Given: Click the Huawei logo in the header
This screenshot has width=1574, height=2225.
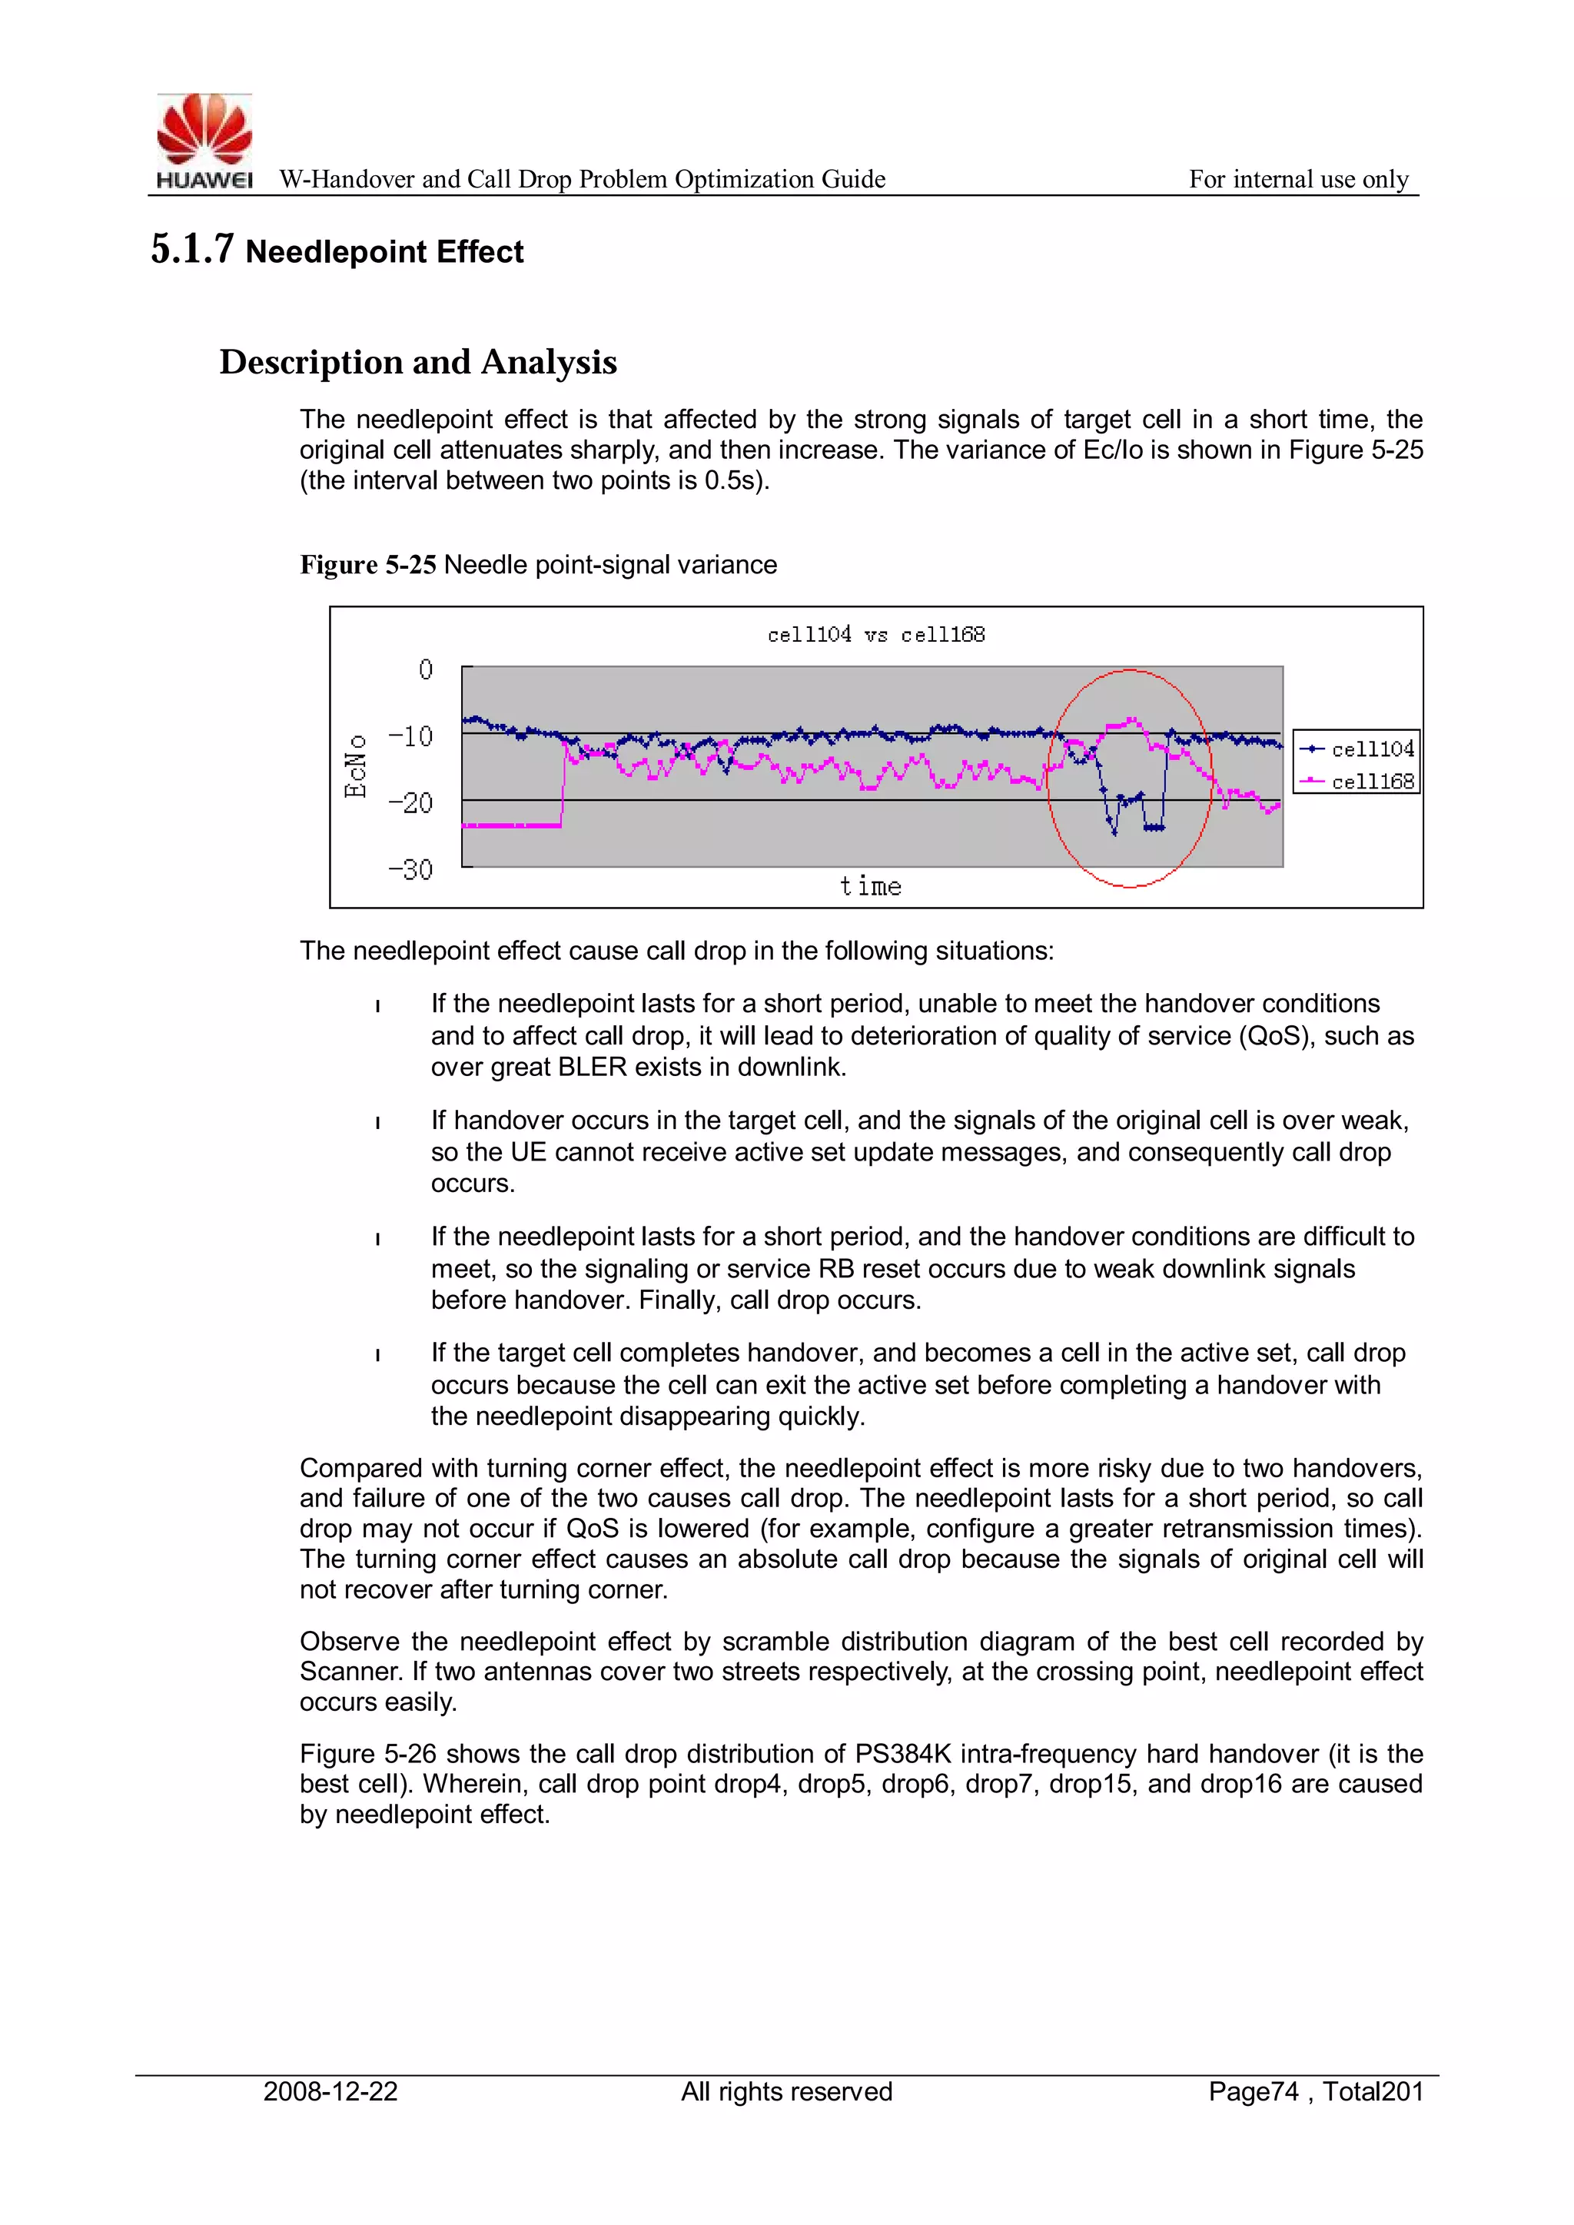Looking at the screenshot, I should (x=204, y=141).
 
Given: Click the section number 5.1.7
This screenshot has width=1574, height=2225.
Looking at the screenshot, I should (x=192, y=249).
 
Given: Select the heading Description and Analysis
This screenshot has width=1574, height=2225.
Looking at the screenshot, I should (x=418, y=363).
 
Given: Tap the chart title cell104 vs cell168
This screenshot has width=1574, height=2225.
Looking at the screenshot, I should (x=875, y=635).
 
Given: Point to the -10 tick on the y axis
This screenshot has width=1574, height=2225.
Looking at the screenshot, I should (x=411, y=736).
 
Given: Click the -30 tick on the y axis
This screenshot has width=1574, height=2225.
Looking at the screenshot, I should (x=411, y=869).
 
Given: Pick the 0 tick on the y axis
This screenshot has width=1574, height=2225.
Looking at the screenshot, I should (x=426, y=669).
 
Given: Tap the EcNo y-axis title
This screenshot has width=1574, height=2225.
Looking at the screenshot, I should (x=356, y=765).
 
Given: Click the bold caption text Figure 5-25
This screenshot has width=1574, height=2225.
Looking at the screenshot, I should (x=367, y=565).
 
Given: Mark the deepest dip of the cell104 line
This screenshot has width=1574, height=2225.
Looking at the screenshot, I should (x=1114, y=832).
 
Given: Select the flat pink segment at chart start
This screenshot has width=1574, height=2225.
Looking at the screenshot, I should (x=511, y=825).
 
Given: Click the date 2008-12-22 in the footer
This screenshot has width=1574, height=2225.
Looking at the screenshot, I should (x=330, y=2091).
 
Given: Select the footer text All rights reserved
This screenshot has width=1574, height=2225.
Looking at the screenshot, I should (x=786, y=2091).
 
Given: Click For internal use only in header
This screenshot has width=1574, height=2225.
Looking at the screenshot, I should (x=1298, y=179).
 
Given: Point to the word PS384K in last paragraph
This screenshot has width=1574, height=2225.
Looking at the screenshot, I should (x=902, y=1754).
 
